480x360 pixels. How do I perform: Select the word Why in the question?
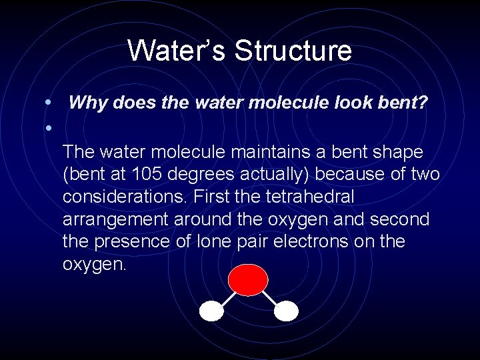tap(84, 103)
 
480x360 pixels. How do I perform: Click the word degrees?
tap(206, 175)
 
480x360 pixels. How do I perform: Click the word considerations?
tap(122, 197)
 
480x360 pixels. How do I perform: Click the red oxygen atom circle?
tap(247, 280)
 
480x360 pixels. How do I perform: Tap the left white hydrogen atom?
tap(212, 311)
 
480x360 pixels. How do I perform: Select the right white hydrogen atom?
tap(286, 311)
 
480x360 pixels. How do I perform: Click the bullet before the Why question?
tap(49, 103)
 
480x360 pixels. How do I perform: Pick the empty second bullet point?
tap(49, 127)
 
